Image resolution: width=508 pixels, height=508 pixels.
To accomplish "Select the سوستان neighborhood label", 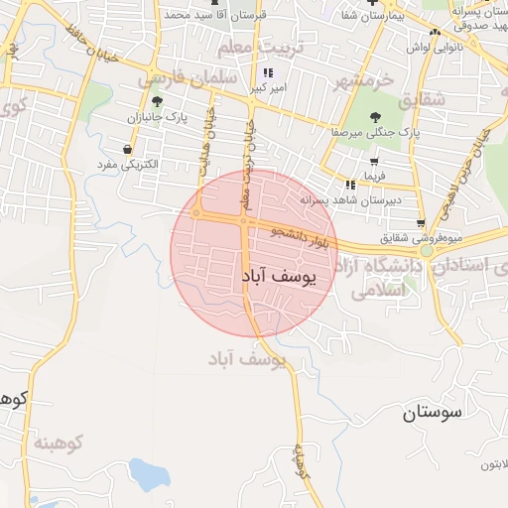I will pyautogui.click(x=435, y=415).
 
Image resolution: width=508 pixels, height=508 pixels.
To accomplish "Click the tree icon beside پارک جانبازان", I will pyautogui.click(x=157, y=101).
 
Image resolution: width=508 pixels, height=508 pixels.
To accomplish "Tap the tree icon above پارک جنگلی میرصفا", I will pyautogui.click(x=373, y=117).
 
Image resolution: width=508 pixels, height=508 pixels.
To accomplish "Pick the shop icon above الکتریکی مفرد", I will pyautogui.click(x=128, y=149).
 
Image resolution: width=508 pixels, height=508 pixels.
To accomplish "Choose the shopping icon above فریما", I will pyautogui.click(x=373, y=162).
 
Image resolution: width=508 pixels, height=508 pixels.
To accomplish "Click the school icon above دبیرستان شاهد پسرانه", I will pyautogui.click(x=349, y=185).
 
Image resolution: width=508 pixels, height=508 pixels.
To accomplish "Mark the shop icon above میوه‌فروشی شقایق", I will pyautogui.click(x=421, y=222).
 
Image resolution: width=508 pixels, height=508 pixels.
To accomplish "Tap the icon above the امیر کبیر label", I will pyautogui.click(x=267, y=72).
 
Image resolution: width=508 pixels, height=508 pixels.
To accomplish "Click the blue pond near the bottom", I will pyautogui.click(x=149, y=476).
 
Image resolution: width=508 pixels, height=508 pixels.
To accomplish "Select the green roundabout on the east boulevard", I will pyautogui.click(x=426, y=251).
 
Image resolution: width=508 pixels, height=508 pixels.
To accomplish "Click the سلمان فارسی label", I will pyautogui.click(x=189, y=76).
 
